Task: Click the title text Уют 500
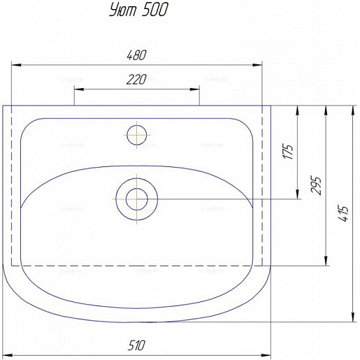tap(138, 10)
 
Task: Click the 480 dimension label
tap(136, 55)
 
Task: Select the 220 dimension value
tap(136, 80)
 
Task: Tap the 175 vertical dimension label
tap(288, 152)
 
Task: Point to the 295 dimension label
tap(316, 185)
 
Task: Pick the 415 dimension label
tap(344, 214)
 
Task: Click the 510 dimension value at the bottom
tap(136, 345)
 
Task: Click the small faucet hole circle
tap(137, 135)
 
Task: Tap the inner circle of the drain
tap(137, 199)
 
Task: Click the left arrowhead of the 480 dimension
tap(16, 65)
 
